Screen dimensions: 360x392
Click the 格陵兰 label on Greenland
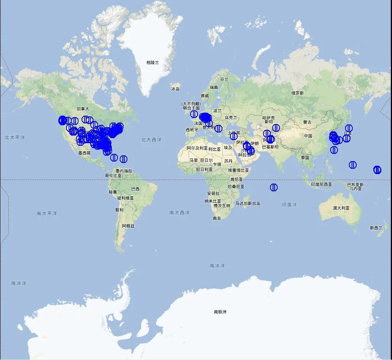point(153,62)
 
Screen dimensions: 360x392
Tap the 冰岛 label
point(175,89)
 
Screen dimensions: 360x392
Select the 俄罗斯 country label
point(297,93)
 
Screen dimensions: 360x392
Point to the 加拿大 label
point(82,109)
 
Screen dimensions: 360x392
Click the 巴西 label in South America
point(135,189)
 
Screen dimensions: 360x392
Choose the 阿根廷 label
point(128,226)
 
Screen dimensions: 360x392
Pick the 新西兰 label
point(376,228)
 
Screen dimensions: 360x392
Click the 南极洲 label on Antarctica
point(220,312)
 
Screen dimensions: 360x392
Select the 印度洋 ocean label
point(289,205)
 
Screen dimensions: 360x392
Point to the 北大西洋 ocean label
point(151,140)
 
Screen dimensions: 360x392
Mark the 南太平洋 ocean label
point(47,213)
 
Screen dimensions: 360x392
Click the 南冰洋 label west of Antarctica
point(19,283)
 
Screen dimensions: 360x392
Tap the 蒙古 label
point(307,122)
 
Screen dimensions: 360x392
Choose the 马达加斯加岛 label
point(247,203)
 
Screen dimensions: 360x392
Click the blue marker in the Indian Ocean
point(274,187)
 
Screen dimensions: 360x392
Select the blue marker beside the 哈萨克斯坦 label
point(276,128)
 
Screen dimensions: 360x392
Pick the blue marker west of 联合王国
point(194,114)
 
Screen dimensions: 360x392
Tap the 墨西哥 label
point(84,153)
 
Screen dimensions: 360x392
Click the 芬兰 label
point(224,79)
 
